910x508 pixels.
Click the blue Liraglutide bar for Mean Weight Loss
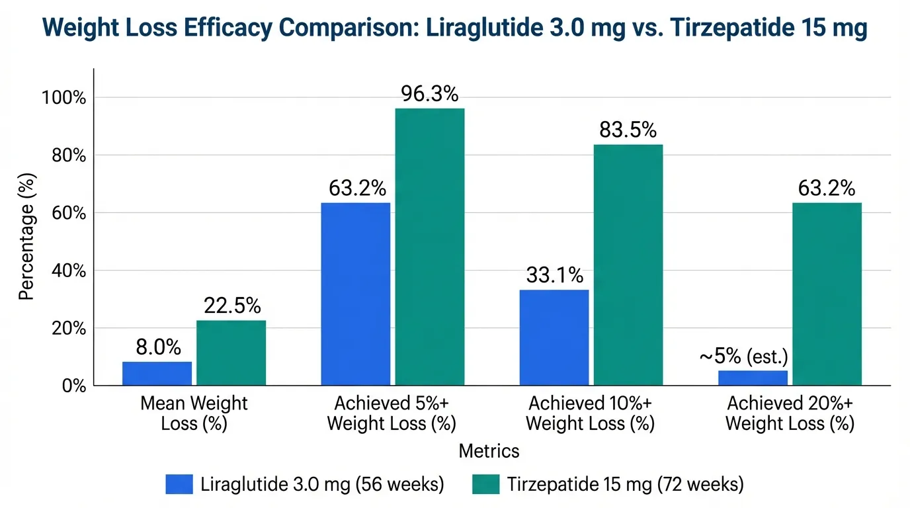tap(157, 374)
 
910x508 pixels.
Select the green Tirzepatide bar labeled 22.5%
tap(231, 353)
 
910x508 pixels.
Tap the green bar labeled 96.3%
tap(429, 246)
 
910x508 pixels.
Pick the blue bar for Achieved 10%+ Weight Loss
tap(554, 337)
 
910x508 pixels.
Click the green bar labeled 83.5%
tap(628, 265)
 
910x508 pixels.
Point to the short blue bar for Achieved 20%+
tap(753, 378)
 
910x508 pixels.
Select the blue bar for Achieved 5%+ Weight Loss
tap(355, 294)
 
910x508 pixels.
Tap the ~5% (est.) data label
tap(743, 357)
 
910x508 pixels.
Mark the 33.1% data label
tap(554, 275)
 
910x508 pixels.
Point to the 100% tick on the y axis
tap(64, 98)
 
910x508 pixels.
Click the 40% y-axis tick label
tap(67, 271)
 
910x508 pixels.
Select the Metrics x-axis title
tap(489, 451)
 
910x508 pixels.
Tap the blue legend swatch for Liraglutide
tap(179, 484)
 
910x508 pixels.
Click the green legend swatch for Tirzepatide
tap(486, 484)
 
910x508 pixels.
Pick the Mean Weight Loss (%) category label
tap(194, 413)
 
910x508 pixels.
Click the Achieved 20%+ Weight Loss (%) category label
tap(790, 413)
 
